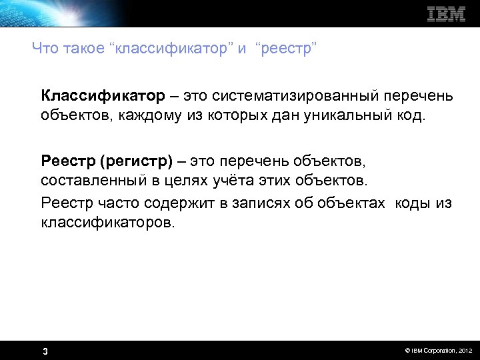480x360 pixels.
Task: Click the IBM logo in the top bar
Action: [x=446, y=14]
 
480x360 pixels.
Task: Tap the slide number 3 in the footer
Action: [x=45, y=351]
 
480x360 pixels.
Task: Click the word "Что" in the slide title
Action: [x=45, y=48]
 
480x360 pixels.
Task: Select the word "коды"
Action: [x=413, y=203]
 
